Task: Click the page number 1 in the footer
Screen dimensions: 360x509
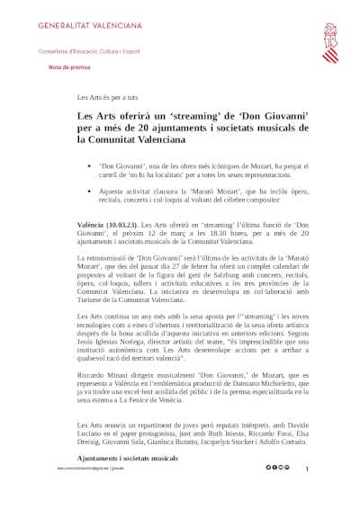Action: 307,469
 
